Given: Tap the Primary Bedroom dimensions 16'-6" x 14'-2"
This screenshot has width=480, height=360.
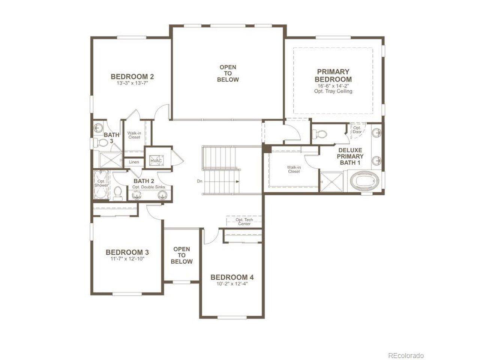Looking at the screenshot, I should [x=333, y=86].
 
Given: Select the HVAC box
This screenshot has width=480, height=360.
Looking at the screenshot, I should [x=156, y=161].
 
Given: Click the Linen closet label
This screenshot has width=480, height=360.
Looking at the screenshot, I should [x=134, y=162].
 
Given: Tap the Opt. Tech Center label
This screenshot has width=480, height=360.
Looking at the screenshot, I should [x=244, y=222].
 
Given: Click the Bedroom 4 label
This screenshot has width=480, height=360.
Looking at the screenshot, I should [x=232, y=277].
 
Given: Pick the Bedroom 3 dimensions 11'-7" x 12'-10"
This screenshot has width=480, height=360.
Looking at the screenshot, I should [x=127, y=259].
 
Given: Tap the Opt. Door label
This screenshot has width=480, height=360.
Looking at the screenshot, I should [x=357, y=130].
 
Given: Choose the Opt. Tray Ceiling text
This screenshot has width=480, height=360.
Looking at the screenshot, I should [x=333, y=91].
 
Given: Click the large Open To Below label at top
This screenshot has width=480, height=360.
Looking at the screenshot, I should [x=228, y=73].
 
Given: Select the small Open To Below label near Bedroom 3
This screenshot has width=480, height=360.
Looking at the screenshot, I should [x=181, y=255].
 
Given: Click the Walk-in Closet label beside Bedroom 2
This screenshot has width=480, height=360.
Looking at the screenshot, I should [x=134, y=135].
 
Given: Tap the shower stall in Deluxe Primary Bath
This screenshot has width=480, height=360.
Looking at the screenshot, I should [x=331, y=182].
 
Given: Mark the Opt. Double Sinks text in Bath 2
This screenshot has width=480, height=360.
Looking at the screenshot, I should [x=148, y=187].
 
